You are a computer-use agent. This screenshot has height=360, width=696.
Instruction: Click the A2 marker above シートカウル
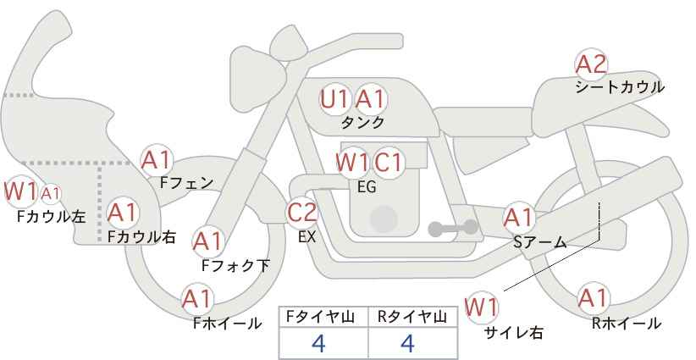pos(591,65)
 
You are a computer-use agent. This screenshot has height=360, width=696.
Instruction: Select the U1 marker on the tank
pos(334,99)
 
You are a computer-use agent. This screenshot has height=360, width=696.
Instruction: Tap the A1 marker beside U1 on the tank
pos(371,99)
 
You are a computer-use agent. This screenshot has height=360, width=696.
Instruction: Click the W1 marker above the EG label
pos(352,163)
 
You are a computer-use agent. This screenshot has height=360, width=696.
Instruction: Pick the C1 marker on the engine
pos(388,163)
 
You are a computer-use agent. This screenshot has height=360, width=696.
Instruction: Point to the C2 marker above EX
pos(302,213)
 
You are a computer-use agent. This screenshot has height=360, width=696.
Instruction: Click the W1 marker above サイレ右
pos(481,307)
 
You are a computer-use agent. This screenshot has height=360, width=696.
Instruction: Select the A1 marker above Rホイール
pos(593,298)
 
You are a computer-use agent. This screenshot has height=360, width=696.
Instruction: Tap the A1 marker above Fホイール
pos(197,299)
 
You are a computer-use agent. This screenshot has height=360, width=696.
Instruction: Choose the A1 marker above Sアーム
pos(518,218)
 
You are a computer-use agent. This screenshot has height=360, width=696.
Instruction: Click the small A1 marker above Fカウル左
pos(51,193)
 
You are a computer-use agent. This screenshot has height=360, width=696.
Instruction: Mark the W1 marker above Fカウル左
pos(20,191)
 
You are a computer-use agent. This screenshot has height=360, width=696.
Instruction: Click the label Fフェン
pos(186,183)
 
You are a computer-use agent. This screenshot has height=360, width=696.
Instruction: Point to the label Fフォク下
pos(235,265)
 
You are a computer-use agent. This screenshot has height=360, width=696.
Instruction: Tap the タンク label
pos(362,122)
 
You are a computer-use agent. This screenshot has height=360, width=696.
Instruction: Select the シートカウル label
pos(620,87)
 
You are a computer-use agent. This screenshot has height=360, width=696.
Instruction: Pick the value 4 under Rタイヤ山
pos(407,343)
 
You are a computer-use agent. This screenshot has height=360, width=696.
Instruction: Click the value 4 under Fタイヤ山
pos(318,343)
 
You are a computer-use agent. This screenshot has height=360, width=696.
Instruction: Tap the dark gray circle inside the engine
pos(384,219)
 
